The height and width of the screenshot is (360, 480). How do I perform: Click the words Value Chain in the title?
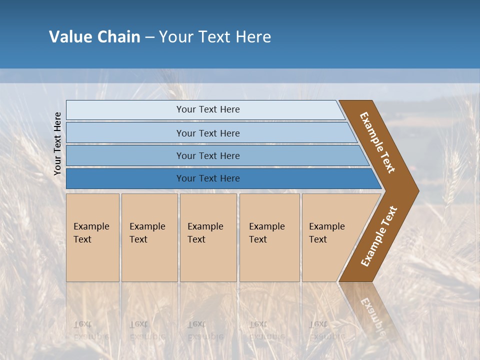(94, 37)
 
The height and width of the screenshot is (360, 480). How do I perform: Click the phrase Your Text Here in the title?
(215, 37)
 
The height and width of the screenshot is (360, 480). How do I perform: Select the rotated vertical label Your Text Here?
(58, 144)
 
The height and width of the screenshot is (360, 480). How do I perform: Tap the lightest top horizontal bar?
(125, 110)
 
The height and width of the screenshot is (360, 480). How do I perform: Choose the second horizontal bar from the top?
(125, 133)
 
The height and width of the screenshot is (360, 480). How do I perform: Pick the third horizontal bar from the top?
(125, 155)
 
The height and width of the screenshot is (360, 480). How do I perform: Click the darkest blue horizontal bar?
(125, 178)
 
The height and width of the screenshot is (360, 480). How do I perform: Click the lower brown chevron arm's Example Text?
(379, 236)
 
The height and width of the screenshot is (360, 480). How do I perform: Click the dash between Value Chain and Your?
(149, 37)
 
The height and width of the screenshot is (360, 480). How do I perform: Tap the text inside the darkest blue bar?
(208, 178)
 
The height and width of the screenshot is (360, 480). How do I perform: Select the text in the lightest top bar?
(208, 109)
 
